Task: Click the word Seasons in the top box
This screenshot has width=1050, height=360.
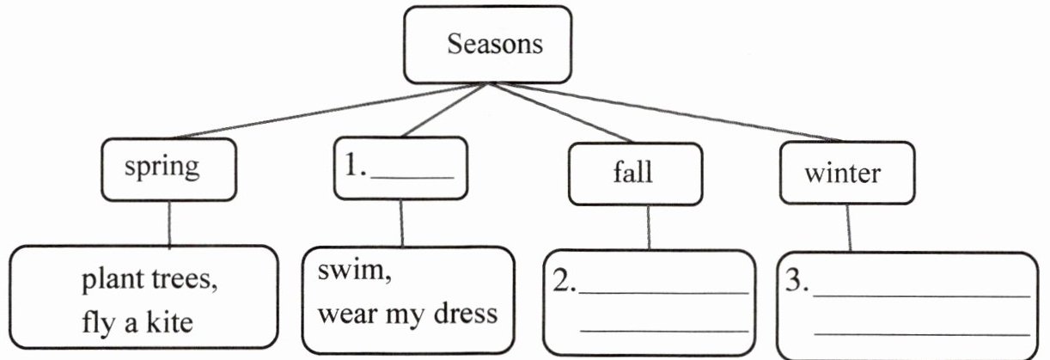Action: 494,44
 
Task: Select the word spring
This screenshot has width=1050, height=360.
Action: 162,166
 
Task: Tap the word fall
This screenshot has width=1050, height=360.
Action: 632,172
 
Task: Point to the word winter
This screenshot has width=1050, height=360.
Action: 842,173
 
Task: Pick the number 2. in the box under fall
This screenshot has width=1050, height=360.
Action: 564,284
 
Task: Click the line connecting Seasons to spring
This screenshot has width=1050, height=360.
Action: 318,112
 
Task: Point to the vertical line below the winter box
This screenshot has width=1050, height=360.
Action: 849,226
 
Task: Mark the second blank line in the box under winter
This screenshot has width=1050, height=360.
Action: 921,332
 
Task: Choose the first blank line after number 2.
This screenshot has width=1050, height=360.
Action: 664,292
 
